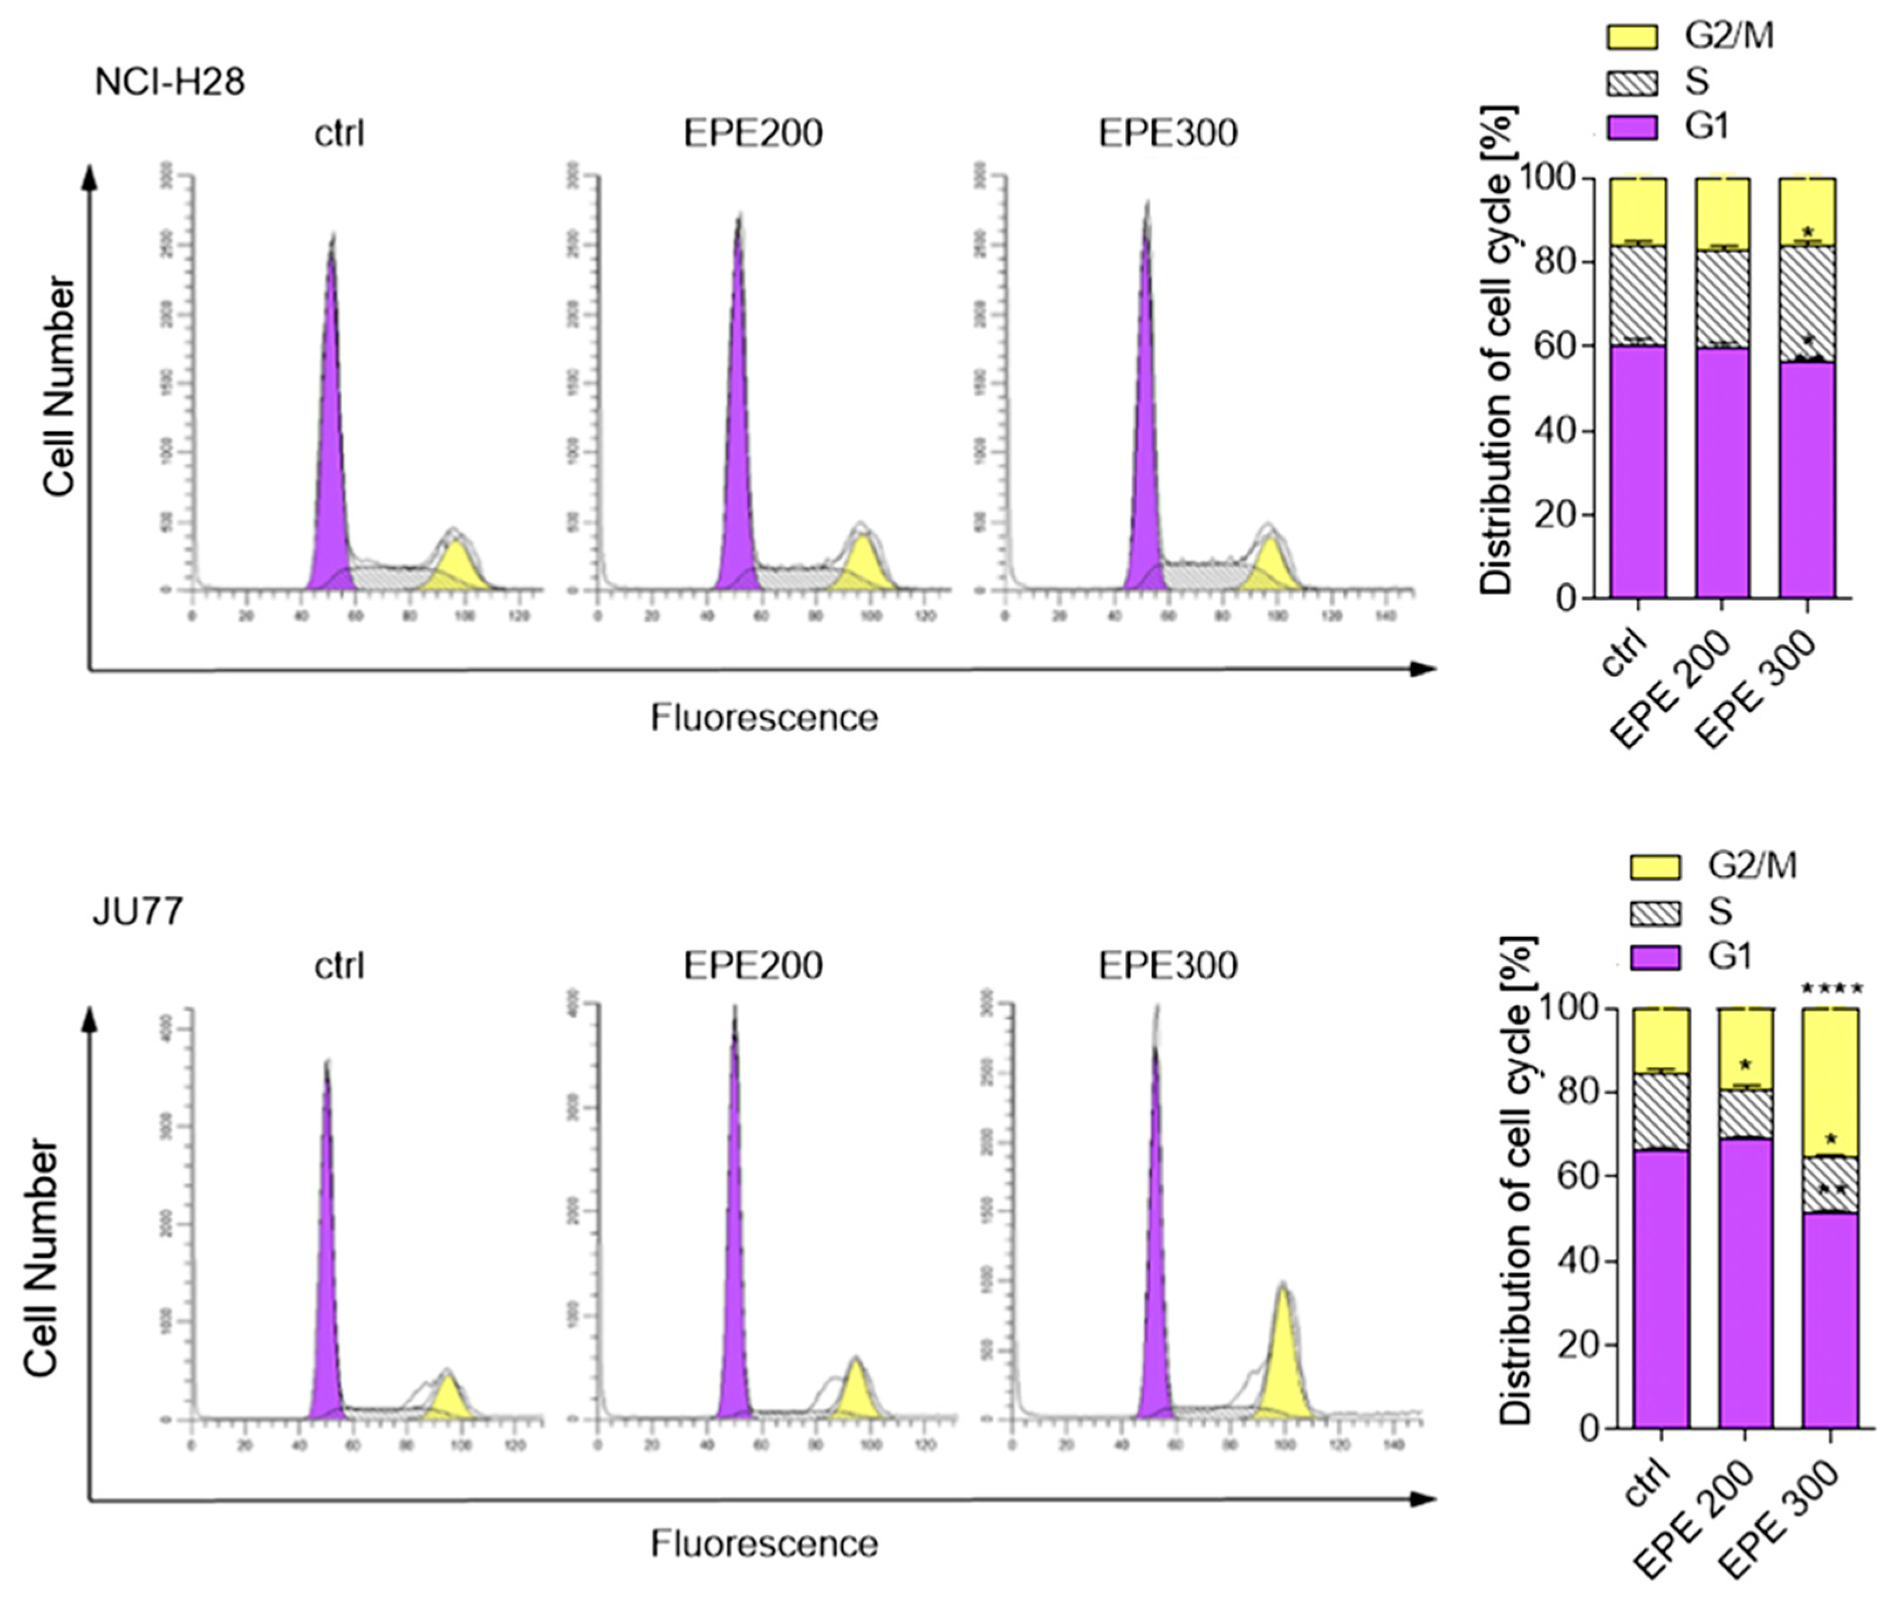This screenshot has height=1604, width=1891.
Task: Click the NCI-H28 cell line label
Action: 169,83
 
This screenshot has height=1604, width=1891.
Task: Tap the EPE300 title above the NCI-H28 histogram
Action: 1167,134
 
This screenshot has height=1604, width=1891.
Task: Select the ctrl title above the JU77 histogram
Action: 339,965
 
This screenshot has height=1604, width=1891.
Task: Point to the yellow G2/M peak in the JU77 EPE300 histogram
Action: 1283,1364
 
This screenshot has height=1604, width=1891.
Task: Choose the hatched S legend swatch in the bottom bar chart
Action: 1654,912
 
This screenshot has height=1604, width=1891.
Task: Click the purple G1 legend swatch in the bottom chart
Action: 1654,956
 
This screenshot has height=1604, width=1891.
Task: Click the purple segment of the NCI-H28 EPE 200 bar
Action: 1722,473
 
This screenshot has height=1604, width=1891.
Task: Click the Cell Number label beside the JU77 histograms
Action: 41,1260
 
